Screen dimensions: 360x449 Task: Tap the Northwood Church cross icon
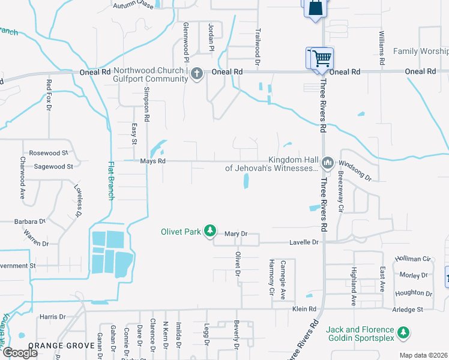click(196, 74)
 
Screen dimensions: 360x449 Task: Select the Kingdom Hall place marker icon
click(328, 163)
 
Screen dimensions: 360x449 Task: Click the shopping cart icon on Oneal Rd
click(322, 58)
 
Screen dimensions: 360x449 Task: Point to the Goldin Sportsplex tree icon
click(404, 332)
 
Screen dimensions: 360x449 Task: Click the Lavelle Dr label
click(306, 242)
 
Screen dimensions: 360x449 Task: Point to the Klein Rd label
click(304, 309)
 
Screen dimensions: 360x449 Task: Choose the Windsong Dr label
click(355, 170)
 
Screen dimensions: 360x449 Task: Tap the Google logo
click(20, 353)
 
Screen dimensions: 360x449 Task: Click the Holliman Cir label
click(414, 259)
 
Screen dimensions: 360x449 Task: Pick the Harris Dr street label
click(52, 317)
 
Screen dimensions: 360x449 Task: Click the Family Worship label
click(420, 52)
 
